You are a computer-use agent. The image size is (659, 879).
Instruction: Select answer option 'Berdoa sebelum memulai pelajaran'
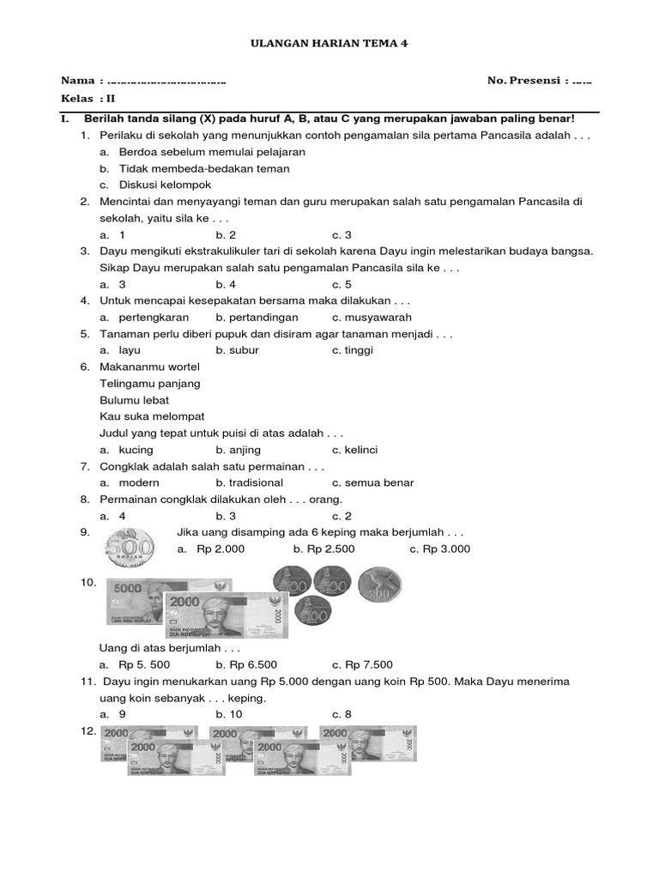point(212,152)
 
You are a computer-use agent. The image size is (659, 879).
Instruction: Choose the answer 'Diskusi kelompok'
point(165,185)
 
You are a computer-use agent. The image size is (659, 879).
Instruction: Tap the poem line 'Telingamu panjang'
point(150,384)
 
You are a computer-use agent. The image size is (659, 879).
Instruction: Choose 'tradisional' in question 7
point(256,482)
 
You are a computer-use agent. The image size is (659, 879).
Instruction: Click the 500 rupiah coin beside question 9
point(130,547)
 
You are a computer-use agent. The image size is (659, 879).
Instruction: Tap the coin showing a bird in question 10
point(378,584)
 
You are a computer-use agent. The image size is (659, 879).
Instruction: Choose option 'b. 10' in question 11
point(229,714)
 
